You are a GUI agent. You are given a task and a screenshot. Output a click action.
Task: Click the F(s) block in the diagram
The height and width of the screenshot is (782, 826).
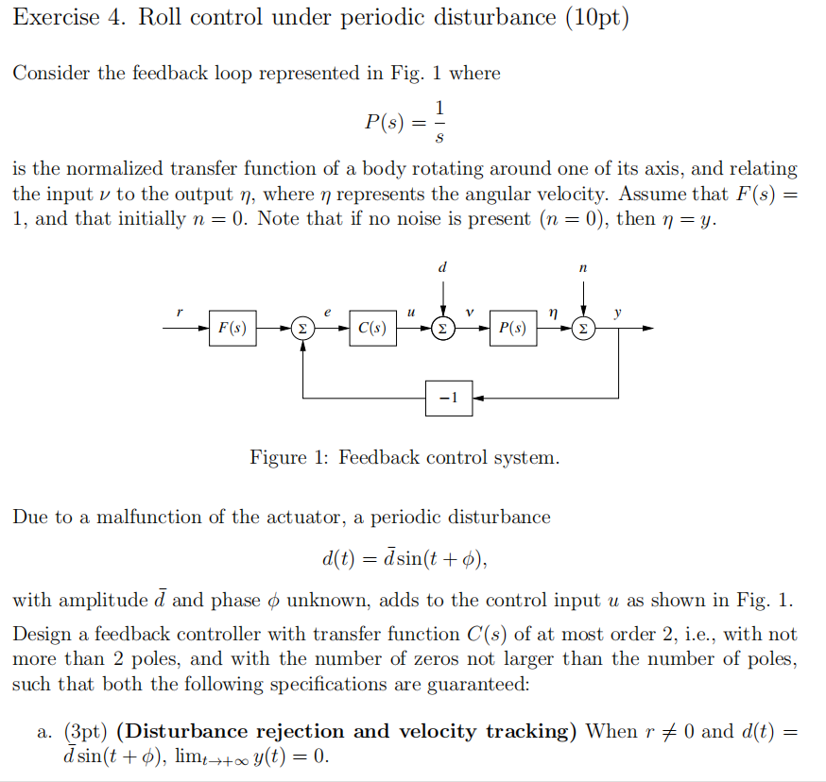[232, 328]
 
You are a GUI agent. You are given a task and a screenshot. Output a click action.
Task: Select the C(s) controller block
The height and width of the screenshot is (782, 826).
[372, 328]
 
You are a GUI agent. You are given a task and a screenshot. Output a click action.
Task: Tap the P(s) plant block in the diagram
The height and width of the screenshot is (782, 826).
[513, 328]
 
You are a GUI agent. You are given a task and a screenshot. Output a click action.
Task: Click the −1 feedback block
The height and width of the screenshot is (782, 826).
[449, 399]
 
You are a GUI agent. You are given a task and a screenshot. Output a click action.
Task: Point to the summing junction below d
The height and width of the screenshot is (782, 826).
[443, 329]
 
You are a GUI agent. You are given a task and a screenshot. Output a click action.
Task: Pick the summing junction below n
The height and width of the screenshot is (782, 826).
[583, 329]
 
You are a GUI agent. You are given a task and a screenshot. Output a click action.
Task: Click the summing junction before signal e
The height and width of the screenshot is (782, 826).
[302, 329]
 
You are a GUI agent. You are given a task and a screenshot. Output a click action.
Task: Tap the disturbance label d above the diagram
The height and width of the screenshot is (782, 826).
[442, 267]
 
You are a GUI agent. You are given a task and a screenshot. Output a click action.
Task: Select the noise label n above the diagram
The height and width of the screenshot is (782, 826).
[582, 268]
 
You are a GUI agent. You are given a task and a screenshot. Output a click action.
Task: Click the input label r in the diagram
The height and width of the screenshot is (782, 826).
[180, 312]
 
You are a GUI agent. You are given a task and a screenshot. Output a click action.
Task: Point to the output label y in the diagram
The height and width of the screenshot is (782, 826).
[617, 313]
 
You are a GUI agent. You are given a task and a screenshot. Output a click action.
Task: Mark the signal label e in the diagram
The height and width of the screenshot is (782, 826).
[327, 313]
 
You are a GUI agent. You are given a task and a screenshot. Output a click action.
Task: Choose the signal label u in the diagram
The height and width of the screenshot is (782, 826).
[411, 313]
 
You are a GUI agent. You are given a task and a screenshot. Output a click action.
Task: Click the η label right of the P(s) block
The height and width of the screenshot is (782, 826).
[553, 314]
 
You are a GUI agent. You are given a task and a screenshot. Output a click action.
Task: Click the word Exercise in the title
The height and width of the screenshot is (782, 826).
[57, 17]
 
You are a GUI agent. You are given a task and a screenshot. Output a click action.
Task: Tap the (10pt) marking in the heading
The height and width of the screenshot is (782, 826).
[597, 18]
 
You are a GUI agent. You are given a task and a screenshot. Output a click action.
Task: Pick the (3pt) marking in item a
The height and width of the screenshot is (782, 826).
[85, 732]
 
